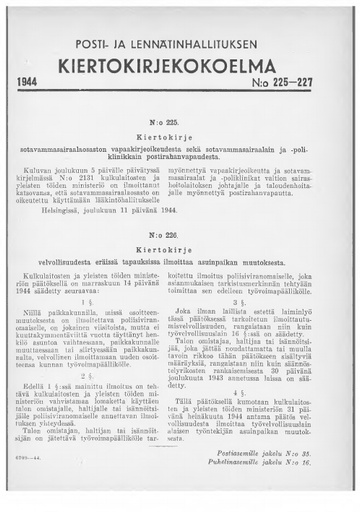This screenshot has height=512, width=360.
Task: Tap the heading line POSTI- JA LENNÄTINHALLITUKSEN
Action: tap(180, 25)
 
